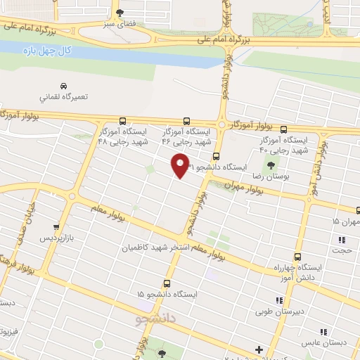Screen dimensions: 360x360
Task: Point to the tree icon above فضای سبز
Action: (x=119, y=13)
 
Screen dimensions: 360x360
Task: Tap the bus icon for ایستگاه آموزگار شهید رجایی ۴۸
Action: (x=122, y=121)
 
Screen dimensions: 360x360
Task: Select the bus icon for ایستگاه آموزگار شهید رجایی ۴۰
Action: (x=283, y=129)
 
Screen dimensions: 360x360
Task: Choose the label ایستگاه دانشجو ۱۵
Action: (x=167, y=294)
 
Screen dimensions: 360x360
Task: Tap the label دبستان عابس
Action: (x=316, y=344)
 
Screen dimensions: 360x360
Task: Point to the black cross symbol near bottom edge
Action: (x=259, y=349)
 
